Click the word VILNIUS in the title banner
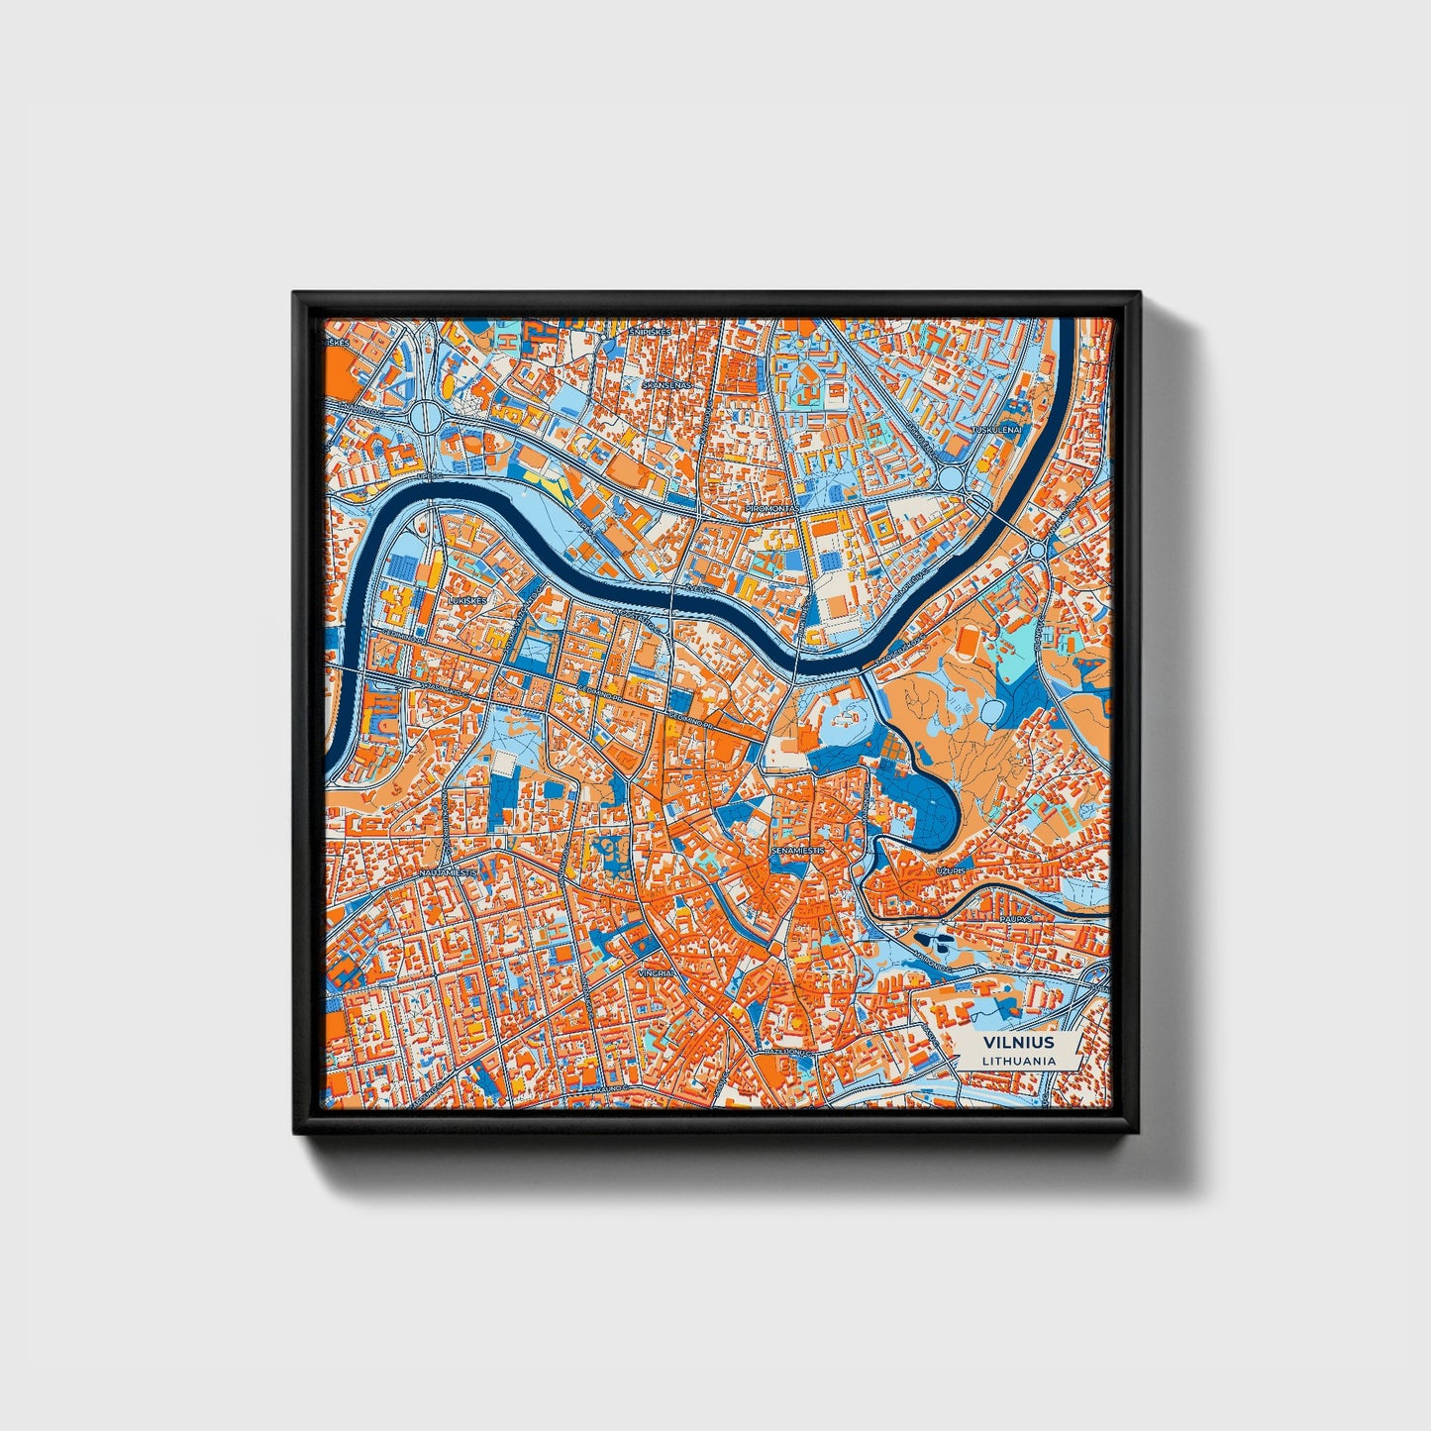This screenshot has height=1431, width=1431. point(1018,1043)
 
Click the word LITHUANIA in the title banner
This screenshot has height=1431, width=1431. point(1018,1061)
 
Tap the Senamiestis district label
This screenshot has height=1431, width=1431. point(798,850)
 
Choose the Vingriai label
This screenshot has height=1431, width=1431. point(657,973)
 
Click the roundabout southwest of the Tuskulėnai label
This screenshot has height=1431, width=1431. point(953,478)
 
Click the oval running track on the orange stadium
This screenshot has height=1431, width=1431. point(966,646)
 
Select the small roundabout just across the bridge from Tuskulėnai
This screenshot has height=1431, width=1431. point(1037,549)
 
